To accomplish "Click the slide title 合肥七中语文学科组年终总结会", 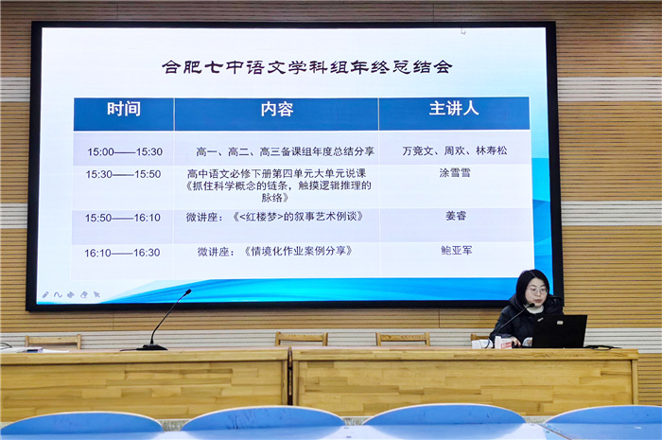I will pyautogui.click(x=306, y=67).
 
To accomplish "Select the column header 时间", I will pyautogui.click(x=124, y=109).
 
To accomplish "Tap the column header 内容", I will pyautogui.click(x=276, y=110).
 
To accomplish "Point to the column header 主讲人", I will pyautogui.click(x=454, y=109).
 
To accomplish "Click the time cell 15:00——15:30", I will pyautogui.click(x=125, y=151).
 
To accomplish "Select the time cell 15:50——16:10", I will pyautogui.click(x=123, y=218).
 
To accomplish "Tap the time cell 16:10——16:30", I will pyautogui.click(x=122, y=253).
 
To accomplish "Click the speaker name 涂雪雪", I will pyautogui.click(x=455, y=174).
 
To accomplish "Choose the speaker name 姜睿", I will pyautogui.click(x=455, y=216).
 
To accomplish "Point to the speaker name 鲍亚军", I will pyautogui.click(x=455, y=251).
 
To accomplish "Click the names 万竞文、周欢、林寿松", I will pyautogui.click(x=454, y=150).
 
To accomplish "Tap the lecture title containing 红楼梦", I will pyautogui.click(x=284, y=217).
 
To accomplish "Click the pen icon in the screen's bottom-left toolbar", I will pyautogui.click(x=45, y=295).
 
